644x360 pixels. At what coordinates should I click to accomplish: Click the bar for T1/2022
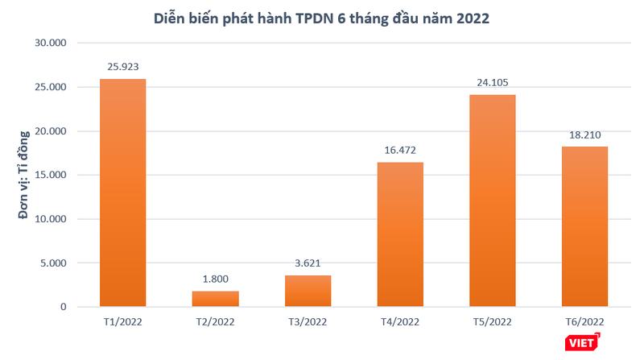tap(122, 192)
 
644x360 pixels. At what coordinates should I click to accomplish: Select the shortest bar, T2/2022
tap(215, 299)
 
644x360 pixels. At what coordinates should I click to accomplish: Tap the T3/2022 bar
tap(308, 291)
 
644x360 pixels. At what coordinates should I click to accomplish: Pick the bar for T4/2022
tap(400, 234)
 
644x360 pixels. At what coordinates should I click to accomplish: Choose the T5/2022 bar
tap(493, 201)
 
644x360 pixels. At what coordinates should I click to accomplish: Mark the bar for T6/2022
tap(584, 226)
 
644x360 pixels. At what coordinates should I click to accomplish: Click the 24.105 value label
tap(493, 81)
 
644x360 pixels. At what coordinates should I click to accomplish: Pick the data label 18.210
tap(584, 133)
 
